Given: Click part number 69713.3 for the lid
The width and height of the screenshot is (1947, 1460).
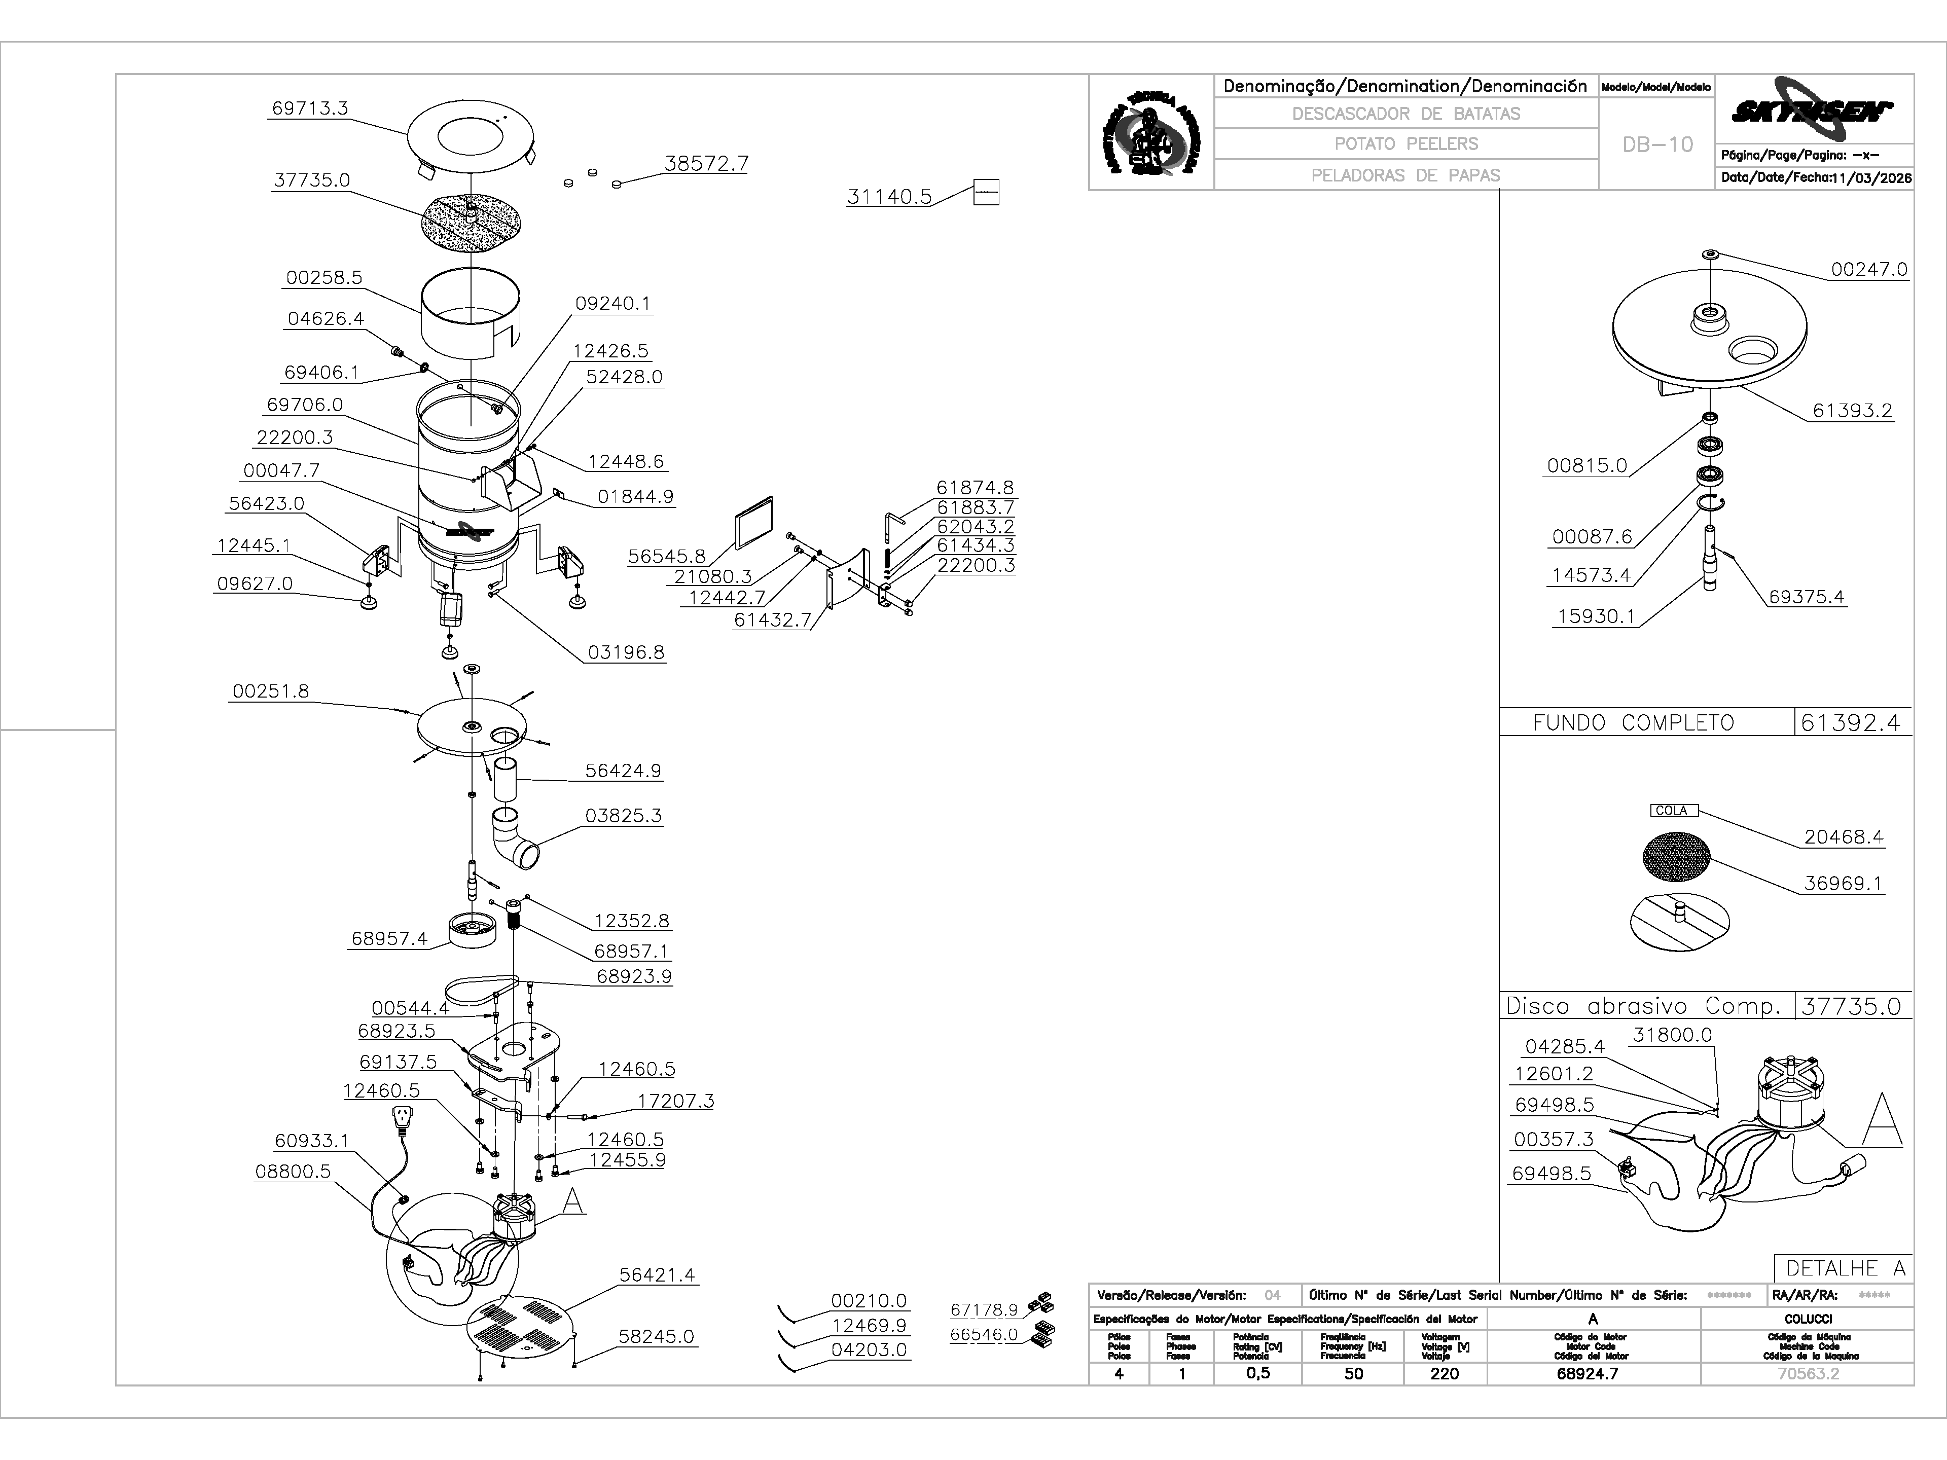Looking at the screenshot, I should (x=310, y=108).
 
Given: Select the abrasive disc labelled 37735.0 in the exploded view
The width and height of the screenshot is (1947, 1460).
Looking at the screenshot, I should (x=473, y=225).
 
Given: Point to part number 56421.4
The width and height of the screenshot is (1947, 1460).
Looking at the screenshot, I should (x=657, y=1274).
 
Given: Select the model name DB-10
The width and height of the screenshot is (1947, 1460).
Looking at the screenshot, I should (x=1657, y=144).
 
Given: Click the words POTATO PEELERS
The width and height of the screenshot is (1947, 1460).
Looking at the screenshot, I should (x=1405, y=143).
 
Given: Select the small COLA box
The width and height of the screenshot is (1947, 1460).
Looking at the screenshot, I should (x=1673, y=811).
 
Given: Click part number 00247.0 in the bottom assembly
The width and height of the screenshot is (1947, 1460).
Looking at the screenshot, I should (x=1868, y=269).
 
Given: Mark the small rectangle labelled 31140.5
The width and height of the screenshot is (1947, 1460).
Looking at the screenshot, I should (x=986, y=193).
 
